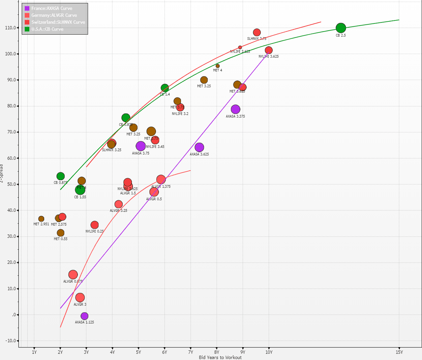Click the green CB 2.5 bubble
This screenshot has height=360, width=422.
point(341,28)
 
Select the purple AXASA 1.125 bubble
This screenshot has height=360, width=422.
point(85,316)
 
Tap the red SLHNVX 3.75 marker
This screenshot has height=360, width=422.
point(257,32)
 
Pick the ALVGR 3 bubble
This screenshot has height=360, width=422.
point(80,298)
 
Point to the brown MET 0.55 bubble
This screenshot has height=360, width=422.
point(61,233)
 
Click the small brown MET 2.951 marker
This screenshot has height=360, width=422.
point(41,219)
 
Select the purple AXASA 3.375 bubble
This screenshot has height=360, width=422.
point(235,109)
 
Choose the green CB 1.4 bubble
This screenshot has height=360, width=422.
point(165,88)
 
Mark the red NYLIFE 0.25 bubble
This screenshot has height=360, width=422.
point(95,225)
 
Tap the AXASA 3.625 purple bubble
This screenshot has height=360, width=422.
point(199,147)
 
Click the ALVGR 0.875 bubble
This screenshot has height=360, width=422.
point(73,275)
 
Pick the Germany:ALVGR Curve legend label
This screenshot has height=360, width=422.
point(54,15)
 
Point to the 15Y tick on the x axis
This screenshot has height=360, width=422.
point(399,352)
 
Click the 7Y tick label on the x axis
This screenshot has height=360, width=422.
point(191,352)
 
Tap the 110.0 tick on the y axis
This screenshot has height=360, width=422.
point(11,28)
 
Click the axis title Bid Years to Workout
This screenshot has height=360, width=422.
point(220,357)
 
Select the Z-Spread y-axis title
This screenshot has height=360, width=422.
point(2,173)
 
